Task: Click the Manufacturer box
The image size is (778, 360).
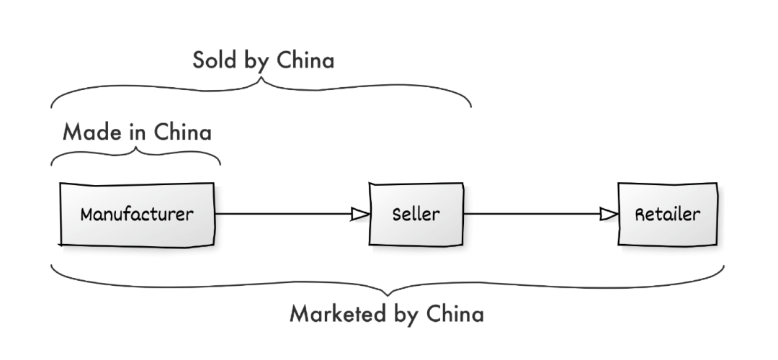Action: click(136, 215)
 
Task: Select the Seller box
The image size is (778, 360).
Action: click(416, 215)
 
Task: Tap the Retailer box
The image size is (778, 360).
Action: click(666, 215)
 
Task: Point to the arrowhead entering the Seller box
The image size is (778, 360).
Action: click(359, 214)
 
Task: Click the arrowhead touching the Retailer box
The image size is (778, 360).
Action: click(609, 214)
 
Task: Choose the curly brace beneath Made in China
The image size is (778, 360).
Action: click(135, 153)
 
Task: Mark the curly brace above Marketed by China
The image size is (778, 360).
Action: click(388, 284)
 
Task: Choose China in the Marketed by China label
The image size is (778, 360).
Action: click(455, 315)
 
